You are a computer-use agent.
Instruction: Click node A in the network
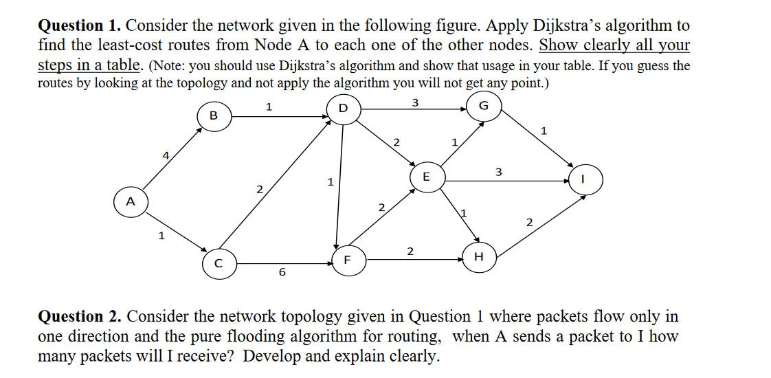tap(130, 202)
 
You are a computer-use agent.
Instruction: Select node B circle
tap(213, 116)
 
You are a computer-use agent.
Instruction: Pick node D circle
tap(343, 109)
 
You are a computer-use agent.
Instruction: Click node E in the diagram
tap(426, 177)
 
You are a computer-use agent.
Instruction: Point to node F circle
tap(348, 260)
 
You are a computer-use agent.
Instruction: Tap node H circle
tap(479, 257)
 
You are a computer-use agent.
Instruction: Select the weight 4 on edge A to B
tap(165, 156)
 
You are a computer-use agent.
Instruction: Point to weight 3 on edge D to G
tap(414, 103)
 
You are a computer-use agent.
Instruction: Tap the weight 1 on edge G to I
tap(543, 129)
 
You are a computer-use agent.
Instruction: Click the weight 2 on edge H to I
tap(529, 222)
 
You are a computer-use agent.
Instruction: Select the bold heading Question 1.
tap(79, 26)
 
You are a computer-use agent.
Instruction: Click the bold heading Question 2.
tap(79, 317)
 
